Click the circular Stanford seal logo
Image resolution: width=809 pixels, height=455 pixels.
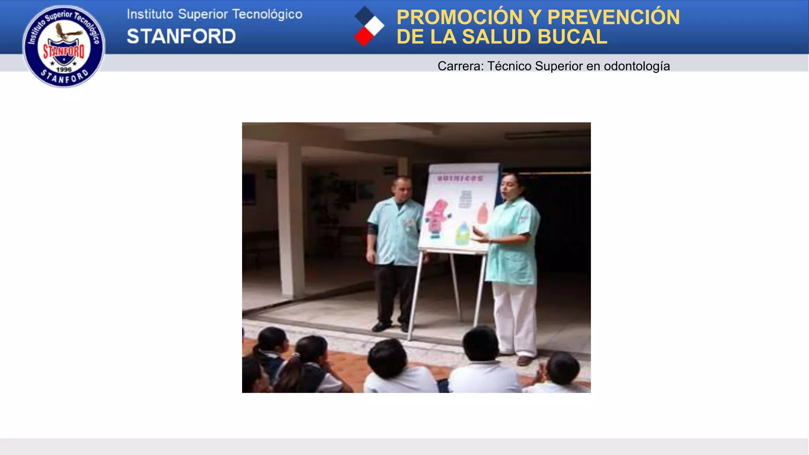tap(64, 46)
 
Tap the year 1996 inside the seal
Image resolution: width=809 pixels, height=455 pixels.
tap(64, 70)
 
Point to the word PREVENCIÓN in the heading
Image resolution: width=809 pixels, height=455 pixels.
tap(613, 17)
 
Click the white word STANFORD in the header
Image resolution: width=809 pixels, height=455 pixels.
tap(181, 36)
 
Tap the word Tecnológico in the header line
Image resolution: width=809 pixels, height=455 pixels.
tap(267, 14)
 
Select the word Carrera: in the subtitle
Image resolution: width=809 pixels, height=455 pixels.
tap(461, 66)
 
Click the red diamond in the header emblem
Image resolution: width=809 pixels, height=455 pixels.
tap(363, 37)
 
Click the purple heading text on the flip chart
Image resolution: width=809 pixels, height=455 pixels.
tap(460, 179)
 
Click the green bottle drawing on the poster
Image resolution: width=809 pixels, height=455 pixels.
tap(463, 233)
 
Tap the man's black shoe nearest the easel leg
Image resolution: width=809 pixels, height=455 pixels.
tap(404, 327)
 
